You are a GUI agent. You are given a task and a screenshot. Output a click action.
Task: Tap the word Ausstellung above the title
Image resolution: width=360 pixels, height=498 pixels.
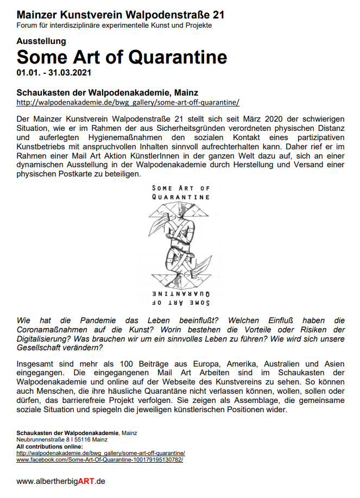pyautogui.click(x=41, y=41)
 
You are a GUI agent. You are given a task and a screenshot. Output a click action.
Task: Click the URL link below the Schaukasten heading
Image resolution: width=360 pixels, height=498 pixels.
pyautogui.click(x=128, y=102)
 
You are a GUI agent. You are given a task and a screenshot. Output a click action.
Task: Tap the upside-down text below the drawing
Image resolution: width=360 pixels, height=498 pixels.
pyautogui.click(x=181, y=297)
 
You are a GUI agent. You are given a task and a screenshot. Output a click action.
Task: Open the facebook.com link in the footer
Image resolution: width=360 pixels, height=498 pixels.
pyautogui.click(x=100, y=459)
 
